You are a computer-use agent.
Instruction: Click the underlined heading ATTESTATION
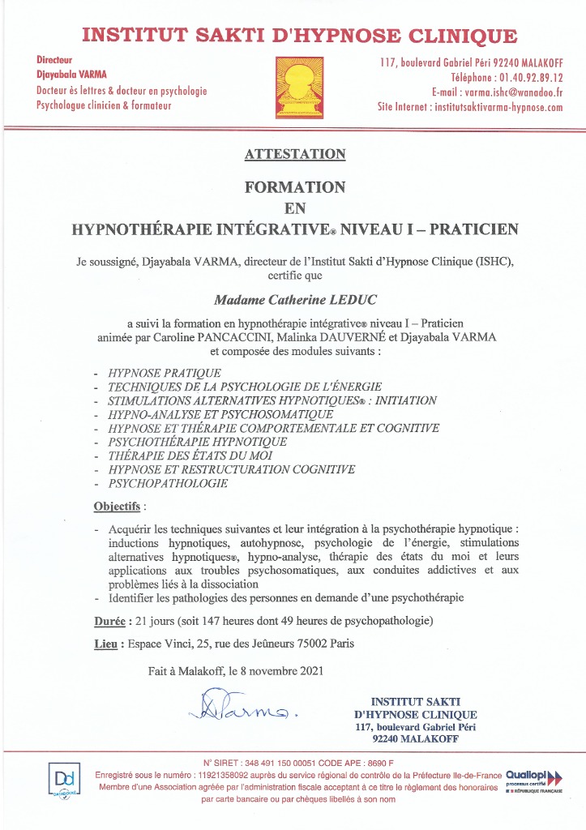pos(293,154)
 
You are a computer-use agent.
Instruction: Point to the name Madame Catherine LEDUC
pos(293,300)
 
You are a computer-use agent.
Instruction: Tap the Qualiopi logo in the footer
pos(533,779)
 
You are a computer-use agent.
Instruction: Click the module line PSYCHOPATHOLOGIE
pos(161,483)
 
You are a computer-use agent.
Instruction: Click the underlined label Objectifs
pos(117,507)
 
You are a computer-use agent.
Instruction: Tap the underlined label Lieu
pos(106,644)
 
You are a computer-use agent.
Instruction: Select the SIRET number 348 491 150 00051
pos(271,763)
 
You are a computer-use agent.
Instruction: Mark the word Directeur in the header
pos(55,60)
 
